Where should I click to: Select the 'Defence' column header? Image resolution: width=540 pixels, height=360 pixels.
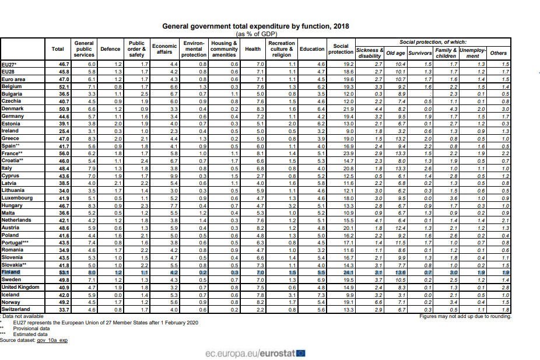[x=110, y=49]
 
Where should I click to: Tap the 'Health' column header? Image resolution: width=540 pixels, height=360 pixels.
[x=253, y=49]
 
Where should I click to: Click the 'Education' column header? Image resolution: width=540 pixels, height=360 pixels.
[x=311, y=49]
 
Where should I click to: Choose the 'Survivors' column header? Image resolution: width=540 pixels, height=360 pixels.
[x=419, y=53]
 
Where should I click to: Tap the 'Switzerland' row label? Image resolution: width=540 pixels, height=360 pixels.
[x=16, y=309]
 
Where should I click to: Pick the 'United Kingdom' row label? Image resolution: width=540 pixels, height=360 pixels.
[x=20, y=287]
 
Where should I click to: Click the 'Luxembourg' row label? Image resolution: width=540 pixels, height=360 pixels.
[x=17, y=198]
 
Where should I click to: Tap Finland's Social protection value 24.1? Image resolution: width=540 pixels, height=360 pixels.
[x=348, y=272]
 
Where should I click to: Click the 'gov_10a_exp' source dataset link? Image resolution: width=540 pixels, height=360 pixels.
[x=52, y=340]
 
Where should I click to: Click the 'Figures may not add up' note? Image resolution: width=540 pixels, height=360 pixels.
[x=465, y=316]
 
